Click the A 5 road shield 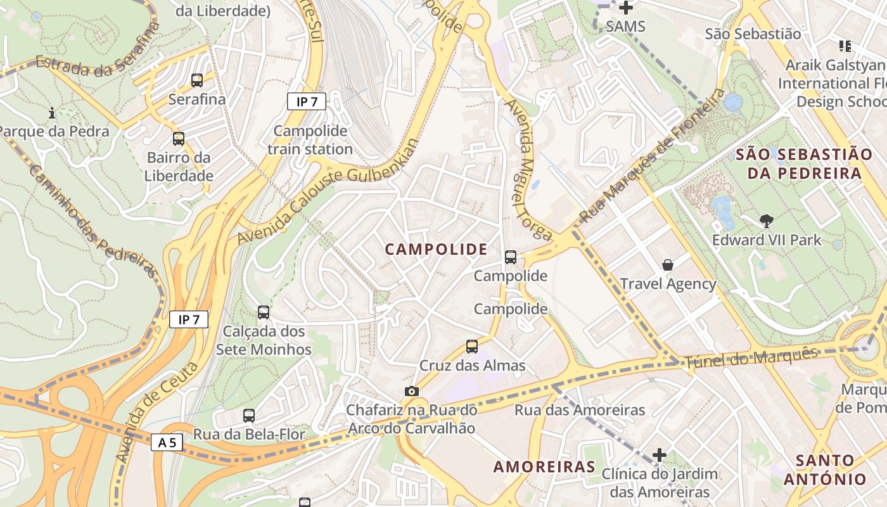coord(167,442)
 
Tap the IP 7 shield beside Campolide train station coord(307,101)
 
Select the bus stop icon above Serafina coord(197,80)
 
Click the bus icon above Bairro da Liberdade coord(179,139)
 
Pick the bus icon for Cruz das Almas coord(472,347)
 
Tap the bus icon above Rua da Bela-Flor coord(249,416)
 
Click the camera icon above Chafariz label coord(412,391)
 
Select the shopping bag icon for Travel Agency coord(667,264)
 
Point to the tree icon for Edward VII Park coord(767,221)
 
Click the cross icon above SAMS coord(626,8)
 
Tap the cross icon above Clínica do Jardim coord(660,454)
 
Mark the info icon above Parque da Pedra coord(52,113)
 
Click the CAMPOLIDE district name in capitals coord(437,250)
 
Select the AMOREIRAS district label coord(544,467)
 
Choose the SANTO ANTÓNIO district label coord(824,470)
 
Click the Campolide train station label coord(310,140)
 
